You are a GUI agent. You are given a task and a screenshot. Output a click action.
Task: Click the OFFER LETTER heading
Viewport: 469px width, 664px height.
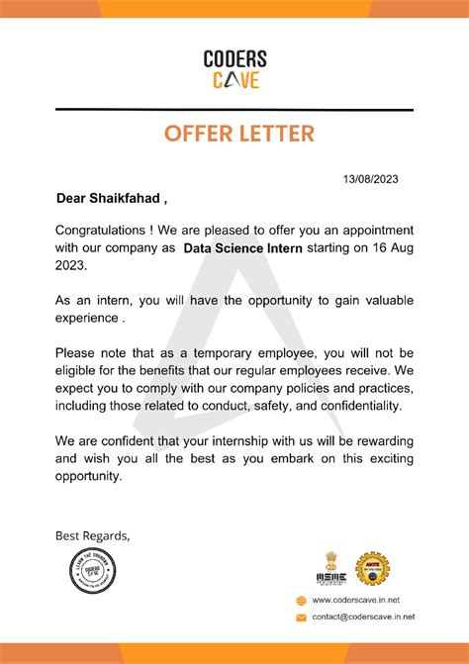[234, 133]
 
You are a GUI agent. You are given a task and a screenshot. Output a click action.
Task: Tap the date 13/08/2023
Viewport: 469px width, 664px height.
[371, 179]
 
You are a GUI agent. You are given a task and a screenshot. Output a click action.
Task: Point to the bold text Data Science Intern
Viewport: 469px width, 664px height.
[244, 248]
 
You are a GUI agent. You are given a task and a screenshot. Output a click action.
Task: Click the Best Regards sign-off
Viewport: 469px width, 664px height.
[92, 535]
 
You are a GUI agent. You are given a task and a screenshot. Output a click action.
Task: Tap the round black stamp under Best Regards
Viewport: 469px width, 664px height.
[92, 579]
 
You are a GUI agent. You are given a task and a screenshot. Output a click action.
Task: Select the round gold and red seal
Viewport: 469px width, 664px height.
[372, 568]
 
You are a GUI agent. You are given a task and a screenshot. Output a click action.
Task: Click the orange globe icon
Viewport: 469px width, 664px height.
[302, 600]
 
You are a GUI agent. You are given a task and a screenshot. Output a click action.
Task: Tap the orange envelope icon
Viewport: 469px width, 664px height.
[302, 617]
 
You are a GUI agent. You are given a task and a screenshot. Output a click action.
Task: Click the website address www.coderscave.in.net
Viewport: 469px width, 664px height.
[356, 600]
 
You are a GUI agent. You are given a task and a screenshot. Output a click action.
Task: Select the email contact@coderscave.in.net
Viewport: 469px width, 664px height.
[363, 617]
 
